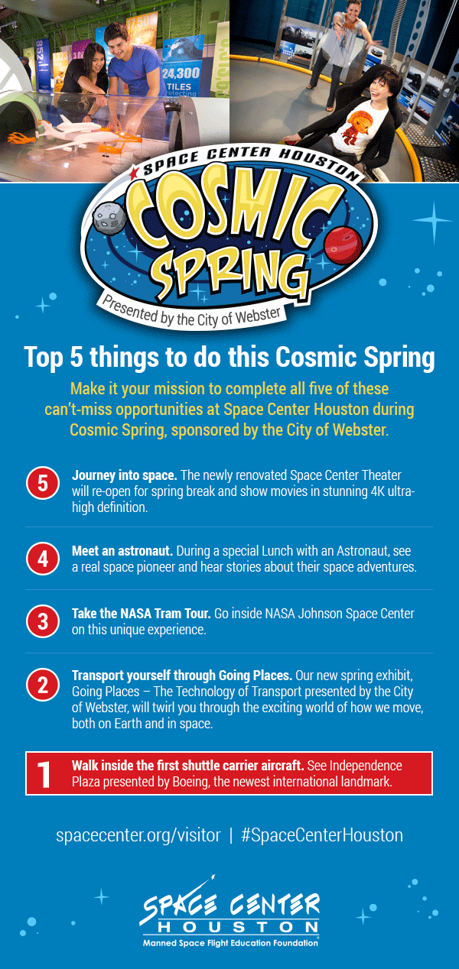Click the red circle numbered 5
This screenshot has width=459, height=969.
coord(43,484)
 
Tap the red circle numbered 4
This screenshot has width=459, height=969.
coord(43,558)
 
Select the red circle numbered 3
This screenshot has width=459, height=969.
coord(43,621)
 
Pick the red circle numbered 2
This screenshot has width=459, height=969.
coord(43,684)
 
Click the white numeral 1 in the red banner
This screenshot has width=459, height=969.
coord(44,773)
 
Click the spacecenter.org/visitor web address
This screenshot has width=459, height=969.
coord(138,835)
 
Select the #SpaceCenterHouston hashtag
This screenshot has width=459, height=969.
coord(321,835)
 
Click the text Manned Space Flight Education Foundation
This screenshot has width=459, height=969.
coord(229,943)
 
